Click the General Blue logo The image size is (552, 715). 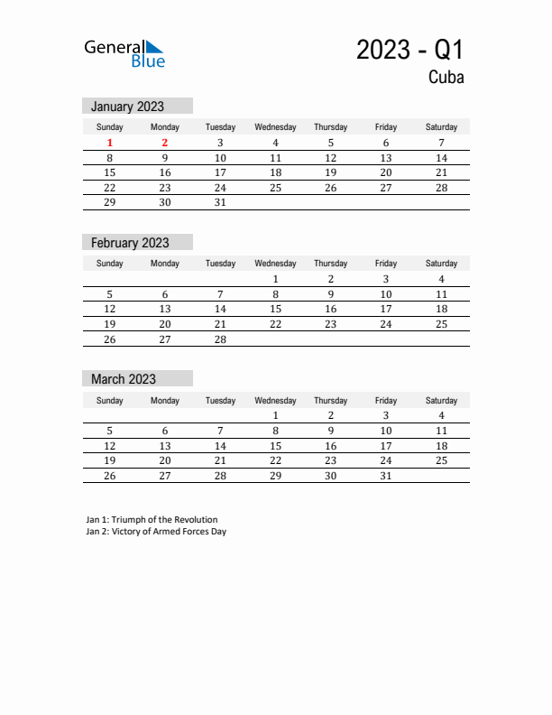click(124, 53)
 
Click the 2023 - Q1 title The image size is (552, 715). click(409, 50)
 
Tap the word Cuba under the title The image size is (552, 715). click(446, 78)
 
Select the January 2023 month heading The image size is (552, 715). click(128, 107)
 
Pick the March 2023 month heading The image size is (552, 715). click(124, 379)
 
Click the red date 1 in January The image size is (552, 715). click(110, 143)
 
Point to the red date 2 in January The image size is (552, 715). click(165, 143)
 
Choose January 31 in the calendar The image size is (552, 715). click(220, 203)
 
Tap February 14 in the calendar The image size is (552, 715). click(220, 309)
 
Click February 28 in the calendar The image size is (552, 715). click(220, 339)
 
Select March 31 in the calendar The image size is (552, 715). click(386, 476)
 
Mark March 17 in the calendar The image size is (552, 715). click(386, 446)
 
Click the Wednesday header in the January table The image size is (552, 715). click(275, 127)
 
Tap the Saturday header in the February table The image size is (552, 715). click(441, 264)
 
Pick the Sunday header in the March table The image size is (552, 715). click(110, 400)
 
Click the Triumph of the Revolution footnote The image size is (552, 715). click(152, 520)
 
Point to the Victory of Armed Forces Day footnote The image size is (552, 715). click(156, 532)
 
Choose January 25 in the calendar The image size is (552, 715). click(275, 188)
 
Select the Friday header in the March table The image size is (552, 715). click(386, 400)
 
